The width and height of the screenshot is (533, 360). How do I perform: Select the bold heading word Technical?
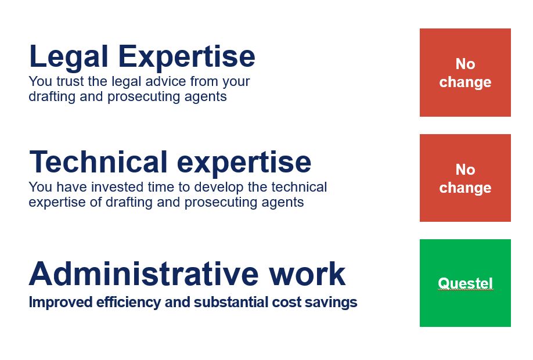coord(98,162)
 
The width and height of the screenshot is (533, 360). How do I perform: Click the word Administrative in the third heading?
coord(144,273)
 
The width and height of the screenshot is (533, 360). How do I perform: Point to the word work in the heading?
coord(307,273)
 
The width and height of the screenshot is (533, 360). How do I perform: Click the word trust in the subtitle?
coord(70,82)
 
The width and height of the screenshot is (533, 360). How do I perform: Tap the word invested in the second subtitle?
coord(117,187)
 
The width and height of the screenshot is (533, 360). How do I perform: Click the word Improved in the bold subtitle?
coord(61,303)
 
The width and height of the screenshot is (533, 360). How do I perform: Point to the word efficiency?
coord(128,303)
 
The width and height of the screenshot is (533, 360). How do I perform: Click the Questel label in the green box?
coord(465,283)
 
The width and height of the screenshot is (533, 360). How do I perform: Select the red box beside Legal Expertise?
coord(465,73)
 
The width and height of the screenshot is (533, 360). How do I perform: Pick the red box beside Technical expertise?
coord(465,178)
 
